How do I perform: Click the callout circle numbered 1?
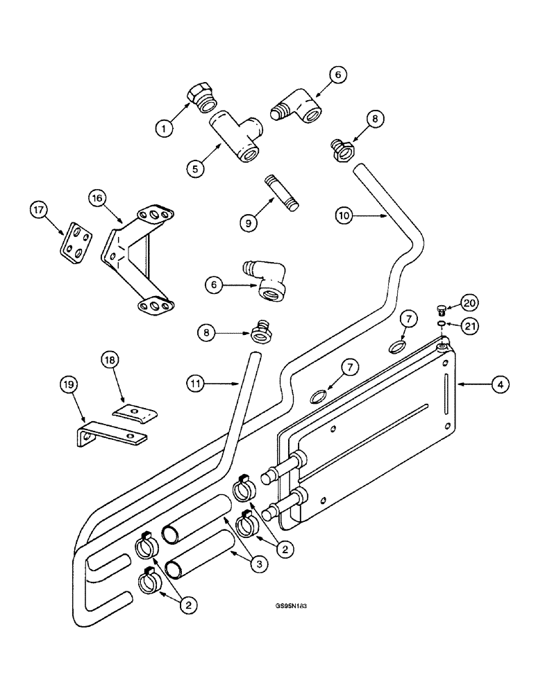pyautogui.click(x=163, y=127)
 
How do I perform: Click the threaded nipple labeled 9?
pyautogui.click(x=283, y=193)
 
